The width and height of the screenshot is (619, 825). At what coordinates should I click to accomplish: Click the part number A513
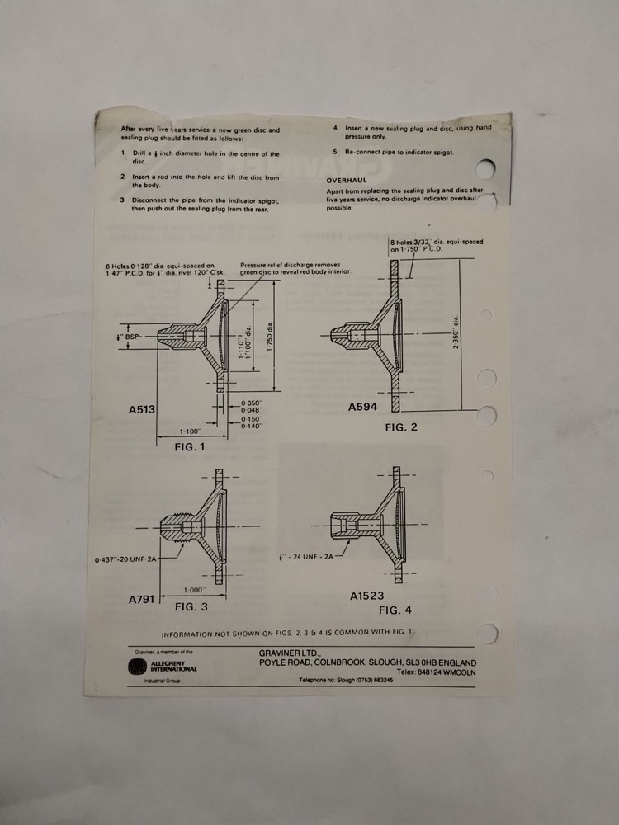(x=143, y=408)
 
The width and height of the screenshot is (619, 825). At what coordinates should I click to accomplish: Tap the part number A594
(x=363, y=407)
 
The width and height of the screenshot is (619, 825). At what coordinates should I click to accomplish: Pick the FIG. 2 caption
(x=401, y=427)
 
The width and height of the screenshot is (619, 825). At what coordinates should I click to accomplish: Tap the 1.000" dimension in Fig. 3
(x=195, y=589)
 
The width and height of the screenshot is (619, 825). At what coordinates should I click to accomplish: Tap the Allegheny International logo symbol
(x=135, y=667)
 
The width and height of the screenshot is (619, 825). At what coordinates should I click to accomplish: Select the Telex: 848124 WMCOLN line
(x=435, y=672)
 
